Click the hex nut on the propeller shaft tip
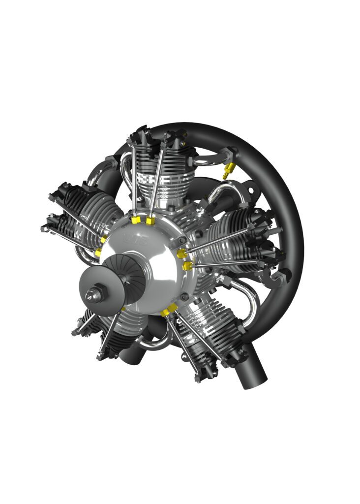[x=91, y=295]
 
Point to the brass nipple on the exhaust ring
[x=227, y=171]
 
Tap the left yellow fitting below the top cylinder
[x=135, y=220]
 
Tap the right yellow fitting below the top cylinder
[x=150, y=221]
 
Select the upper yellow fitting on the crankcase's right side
[x=181, y=253]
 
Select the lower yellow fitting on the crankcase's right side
[x=187, y=266]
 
